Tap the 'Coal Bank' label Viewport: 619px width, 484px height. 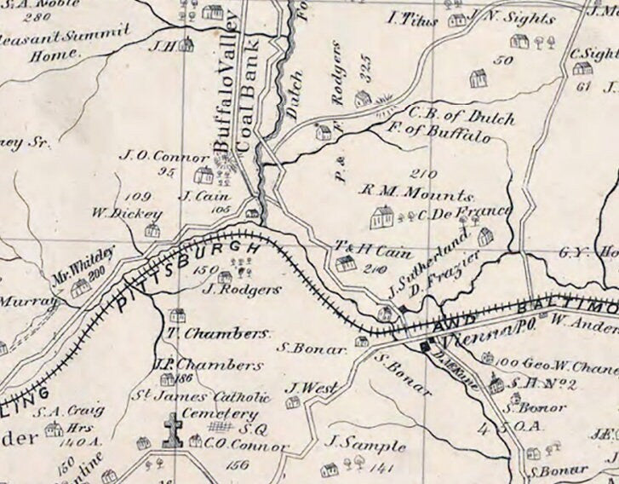(x=252, y=111)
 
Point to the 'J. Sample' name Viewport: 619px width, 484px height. (x=354, y=445)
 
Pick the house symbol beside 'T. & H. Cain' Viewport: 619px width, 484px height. (x=345, y=264)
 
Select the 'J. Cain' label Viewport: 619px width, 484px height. (x=199, y=195)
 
